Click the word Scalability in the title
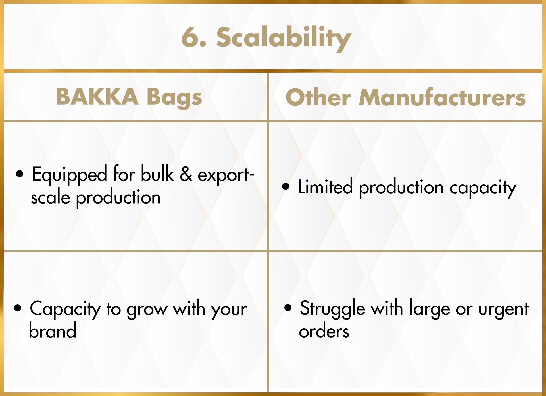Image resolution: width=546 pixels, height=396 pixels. pos(284,38)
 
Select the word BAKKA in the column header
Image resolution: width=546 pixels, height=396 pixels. pos(97,97)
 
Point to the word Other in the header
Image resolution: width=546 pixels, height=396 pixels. pos(318,97)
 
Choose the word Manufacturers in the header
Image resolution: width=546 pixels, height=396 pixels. pos(442,97)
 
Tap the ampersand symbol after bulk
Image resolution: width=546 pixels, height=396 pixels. pos(186,174)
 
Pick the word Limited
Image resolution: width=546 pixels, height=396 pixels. pos(325,187)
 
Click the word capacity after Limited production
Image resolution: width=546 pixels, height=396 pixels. pos(483,188)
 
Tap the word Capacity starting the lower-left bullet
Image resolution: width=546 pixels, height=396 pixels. pos(65,309)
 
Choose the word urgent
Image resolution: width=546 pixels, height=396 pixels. pos(503,310)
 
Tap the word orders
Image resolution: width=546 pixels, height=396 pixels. pos(324,331)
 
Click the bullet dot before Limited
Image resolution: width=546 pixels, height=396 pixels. pos(286,186)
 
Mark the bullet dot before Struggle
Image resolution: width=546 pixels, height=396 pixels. pos(288,308)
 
